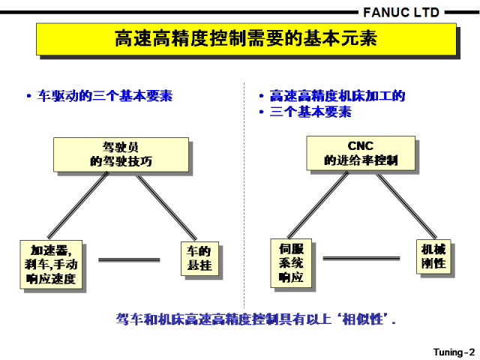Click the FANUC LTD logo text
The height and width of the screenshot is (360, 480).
[x=401, y=13]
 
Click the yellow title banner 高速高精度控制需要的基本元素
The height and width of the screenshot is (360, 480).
[x=247, y=39]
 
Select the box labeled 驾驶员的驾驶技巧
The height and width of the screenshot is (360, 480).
[x=121, y=154]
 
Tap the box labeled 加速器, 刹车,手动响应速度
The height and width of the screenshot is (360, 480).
[x=51, y=265]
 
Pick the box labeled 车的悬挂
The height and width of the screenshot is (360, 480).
[x=199, y=259]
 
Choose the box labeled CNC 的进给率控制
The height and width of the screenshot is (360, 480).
[x=361, y=153]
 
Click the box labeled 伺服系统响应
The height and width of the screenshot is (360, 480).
[x=291, y=263]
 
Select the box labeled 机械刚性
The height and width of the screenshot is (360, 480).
[x=433, y=256]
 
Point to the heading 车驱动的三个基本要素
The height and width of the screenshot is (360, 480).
[x=105, y=96]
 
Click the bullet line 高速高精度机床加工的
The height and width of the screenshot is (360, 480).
[x=337, y=96]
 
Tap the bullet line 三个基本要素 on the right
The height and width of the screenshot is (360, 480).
[x=310, y=112]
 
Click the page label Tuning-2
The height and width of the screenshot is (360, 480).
[x=454, y=352]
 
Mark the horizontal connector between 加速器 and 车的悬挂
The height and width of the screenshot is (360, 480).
[x=129, y=260]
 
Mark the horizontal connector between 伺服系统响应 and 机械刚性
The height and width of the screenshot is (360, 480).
[x=361, y=259]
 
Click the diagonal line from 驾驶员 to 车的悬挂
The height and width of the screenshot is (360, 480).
[x=166, y=208]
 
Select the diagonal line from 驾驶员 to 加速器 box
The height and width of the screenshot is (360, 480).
[x=78, y=205]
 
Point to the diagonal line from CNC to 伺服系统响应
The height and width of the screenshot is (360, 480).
[x=318, y=205]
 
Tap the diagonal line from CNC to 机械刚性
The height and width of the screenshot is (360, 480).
[x=406, y=206]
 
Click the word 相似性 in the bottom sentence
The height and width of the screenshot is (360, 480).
[x=362, y=319]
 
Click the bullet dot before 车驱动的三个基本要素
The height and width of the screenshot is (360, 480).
[x=29, y=96]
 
